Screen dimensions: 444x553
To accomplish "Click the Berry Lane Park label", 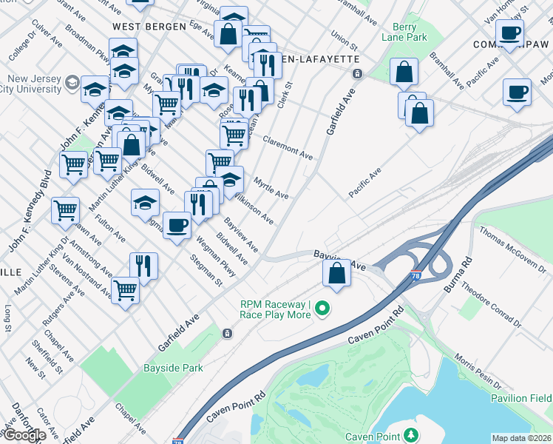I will point(404,30).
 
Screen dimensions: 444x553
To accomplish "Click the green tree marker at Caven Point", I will point(410,436).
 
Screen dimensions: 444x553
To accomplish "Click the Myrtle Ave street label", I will point(271,186).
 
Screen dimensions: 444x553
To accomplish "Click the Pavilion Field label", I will point(520,399).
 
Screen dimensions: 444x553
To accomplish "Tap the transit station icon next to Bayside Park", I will point(227,334).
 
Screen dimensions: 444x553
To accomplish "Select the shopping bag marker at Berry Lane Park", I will point(404,73).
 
